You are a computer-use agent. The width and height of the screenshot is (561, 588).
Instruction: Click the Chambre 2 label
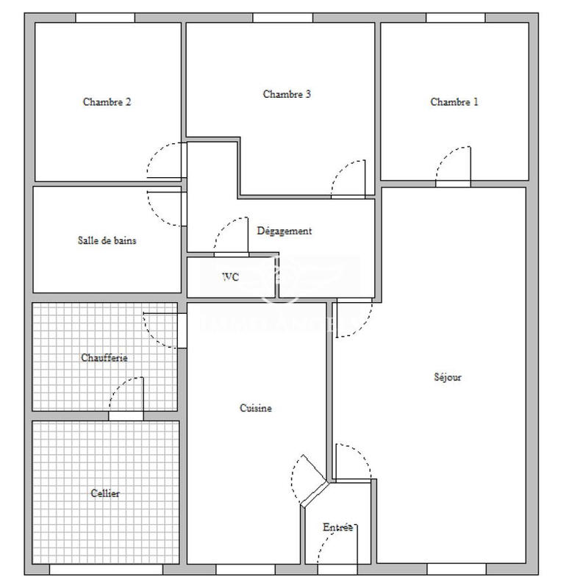coord(107,102)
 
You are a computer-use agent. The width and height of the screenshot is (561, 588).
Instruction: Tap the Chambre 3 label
coord(287,94)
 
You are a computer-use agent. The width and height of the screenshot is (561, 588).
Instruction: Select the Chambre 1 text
coord(454,102)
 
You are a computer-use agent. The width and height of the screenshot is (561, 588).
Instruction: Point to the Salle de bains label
coord(107,240)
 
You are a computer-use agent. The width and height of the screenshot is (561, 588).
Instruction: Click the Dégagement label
coord(284,231)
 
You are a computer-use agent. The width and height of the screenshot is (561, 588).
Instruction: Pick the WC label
coord(230,277)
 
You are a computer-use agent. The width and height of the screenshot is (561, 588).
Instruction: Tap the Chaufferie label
coord(104,358)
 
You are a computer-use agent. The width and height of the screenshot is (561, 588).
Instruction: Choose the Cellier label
coord(105,493)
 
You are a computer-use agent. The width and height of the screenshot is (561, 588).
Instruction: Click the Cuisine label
coord(256,408)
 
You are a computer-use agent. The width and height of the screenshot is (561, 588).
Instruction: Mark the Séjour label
coord(447,377)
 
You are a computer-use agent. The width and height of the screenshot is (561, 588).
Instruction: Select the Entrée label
coord(338,527)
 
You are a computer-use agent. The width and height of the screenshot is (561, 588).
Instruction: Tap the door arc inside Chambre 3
coord(349,179)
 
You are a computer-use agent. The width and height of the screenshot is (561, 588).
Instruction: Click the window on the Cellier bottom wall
coord(106,570)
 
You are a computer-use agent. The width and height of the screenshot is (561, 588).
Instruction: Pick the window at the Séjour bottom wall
coord(456,569)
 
